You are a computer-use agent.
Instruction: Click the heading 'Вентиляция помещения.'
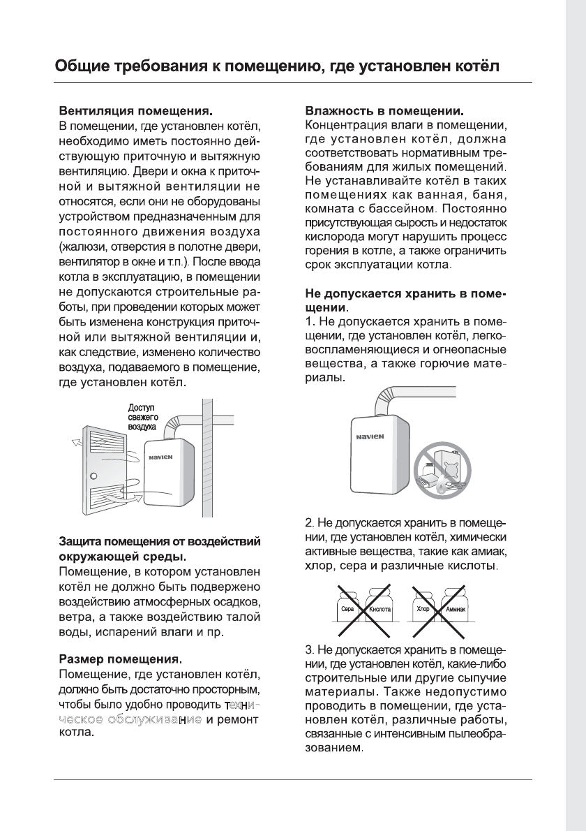[x=135, y=112]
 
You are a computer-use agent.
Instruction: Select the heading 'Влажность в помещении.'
[x=386, y=112]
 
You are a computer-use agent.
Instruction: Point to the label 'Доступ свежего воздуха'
[x=143, y=417]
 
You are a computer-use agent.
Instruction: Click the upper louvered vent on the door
[x=102, y=443]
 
